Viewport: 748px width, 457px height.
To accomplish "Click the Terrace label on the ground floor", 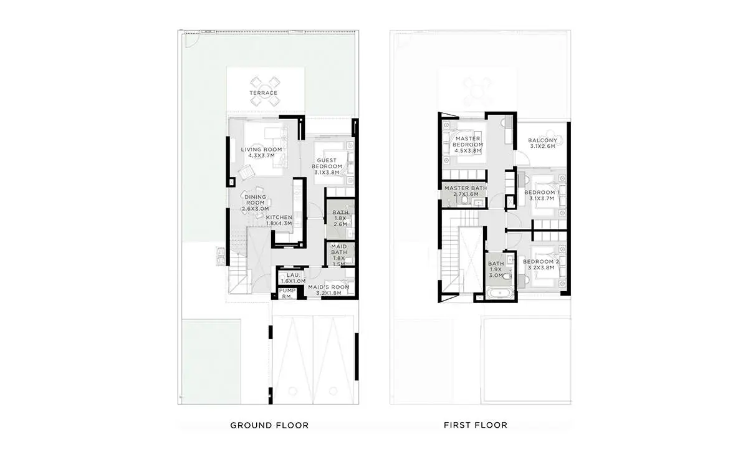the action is click(x=264, y=93).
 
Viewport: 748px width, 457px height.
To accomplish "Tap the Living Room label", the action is click(x=261, y=152).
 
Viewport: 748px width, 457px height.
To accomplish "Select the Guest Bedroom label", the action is click(x=327, y=166).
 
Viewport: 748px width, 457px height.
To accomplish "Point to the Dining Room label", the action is click(x=256, y=203).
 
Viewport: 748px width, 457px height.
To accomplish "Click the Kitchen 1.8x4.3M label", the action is click(x=279, y=220).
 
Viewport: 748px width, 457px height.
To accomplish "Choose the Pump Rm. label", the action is click(x=287, y=294).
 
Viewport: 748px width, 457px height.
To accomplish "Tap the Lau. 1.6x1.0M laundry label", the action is click(x=293, y=278).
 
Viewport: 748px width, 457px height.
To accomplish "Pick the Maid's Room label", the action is click(x=329, y=290).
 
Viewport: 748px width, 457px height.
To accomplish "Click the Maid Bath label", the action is click(x=339, y=255).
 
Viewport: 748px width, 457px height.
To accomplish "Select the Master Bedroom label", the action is click(x=468, y=144).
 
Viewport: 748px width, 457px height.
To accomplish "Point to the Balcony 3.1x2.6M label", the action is click(x=543, y=143).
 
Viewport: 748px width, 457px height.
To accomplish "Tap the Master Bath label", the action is click(x=466, y=191).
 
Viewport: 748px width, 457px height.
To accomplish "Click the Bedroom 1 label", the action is click(x=542, y=195).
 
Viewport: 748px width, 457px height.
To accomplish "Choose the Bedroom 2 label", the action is click(x=541, y=264).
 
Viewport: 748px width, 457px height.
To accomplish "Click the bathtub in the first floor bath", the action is click(x=500, y=294).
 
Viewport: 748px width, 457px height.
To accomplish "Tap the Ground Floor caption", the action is click(x=269, y=425).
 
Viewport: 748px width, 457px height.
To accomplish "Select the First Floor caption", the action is click(x=476, y=425).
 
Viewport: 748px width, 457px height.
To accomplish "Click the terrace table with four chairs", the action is click(x=265, y=92).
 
